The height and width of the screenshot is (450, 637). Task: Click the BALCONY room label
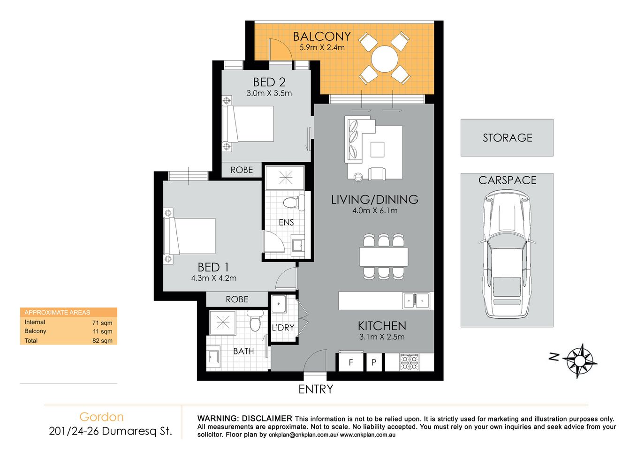(x=322, y=37)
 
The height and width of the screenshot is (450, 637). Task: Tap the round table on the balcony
(x=385, y=59)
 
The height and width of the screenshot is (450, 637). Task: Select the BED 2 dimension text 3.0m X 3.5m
(x=269, y=93)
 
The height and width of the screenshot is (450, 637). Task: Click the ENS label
(x=286, y=222)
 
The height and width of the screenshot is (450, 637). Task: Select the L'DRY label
(x=283, y=328)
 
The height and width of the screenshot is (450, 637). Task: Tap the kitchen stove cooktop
(x=409, y=362)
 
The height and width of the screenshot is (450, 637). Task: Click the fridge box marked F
(x=351, y=362)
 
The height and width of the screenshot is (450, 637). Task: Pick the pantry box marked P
(x=374, y=362)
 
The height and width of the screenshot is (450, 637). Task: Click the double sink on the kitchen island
(x=416, y=300)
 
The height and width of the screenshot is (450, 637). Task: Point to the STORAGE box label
(x=507, y=138)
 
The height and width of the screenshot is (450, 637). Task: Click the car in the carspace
(x=507, y=253)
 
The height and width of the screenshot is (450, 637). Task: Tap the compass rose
(x=580, y=360)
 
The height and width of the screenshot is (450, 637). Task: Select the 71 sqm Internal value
(x=102, y=322)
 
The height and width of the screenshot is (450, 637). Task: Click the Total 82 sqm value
(x=102, y=341)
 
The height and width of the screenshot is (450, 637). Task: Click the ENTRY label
(x=316, y=389)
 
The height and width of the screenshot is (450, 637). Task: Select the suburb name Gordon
(x=101, y=417)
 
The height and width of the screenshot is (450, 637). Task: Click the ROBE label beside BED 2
(x=242, y=170)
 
